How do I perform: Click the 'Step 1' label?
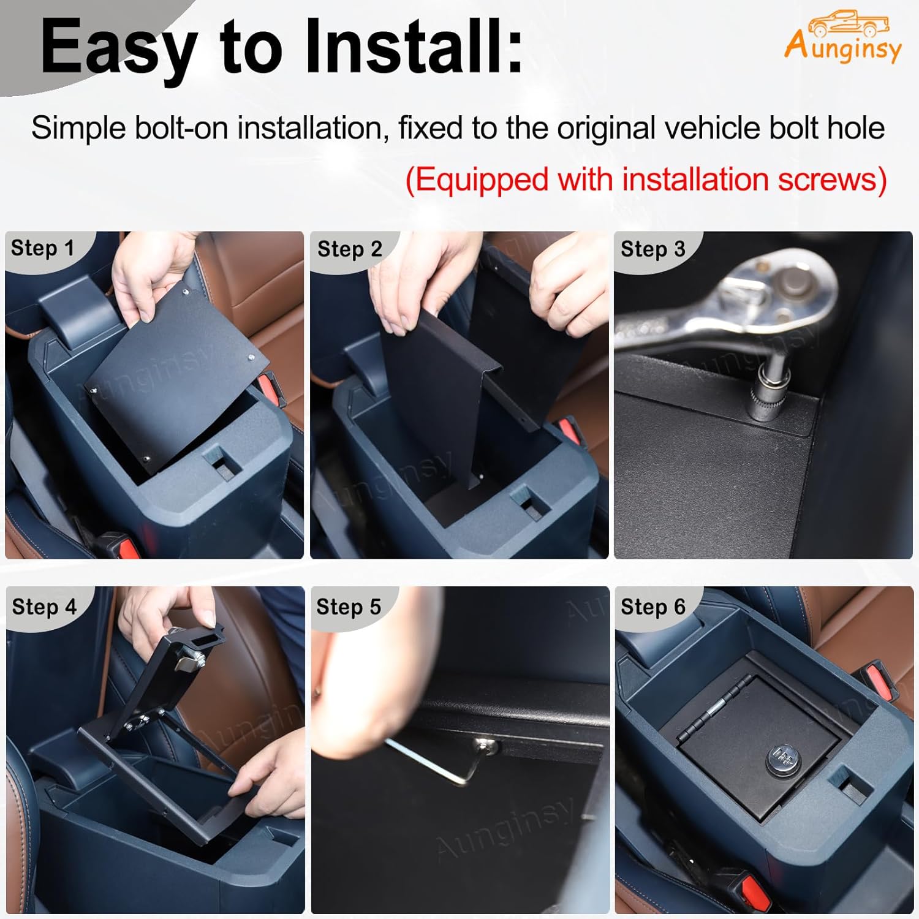coord(42,248)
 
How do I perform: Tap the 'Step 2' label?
coord(349,249)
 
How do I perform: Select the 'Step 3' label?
coord(652,249)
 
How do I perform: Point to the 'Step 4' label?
coord(44,607)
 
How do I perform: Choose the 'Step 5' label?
coord(349,607)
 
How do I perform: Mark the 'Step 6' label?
coord(652,607)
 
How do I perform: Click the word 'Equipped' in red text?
coord(478,180)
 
